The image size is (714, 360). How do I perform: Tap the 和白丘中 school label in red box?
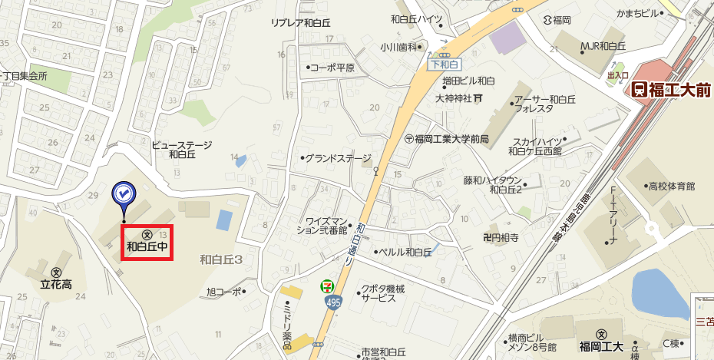(x=147, y=247)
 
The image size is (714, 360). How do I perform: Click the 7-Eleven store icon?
(x=327, y=286)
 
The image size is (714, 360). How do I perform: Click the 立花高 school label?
(x=56, y=284)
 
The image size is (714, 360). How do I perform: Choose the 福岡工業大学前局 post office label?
(x=451, y=139)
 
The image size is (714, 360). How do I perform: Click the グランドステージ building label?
(x=338, y=159)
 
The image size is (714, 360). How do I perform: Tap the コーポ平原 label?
(x=332, y=68)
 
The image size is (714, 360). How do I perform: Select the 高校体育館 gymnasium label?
(x=671, y=187)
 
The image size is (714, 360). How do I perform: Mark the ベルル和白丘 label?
(x=406, y=252)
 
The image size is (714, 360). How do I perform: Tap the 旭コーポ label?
(x=224, y=292)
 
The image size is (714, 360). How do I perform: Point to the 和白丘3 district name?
(x=221, y=260)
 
